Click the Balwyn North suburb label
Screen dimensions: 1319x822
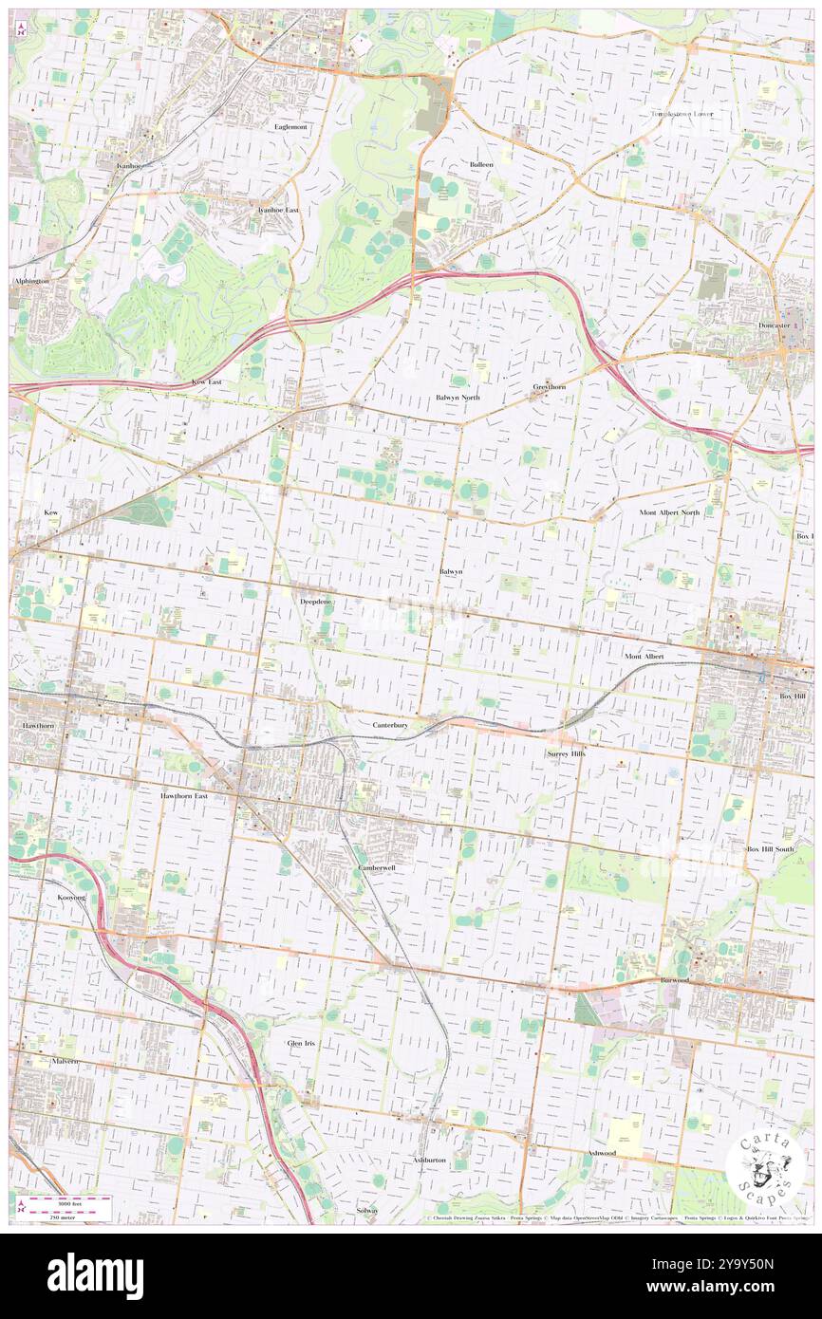point(458,398)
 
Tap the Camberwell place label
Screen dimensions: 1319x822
point(377,868)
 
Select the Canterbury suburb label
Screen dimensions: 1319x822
point(389,725)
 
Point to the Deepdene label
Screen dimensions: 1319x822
point(316,602)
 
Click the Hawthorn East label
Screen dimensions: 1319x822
point(184,796)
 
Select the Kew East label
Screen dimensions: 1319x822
point(206,381)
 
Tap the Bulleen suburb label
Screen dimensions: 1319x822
point(481,164)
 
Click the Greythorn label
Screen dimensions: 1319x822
point(549,387)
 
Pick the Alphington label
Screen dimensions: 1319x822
point(30,282)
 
